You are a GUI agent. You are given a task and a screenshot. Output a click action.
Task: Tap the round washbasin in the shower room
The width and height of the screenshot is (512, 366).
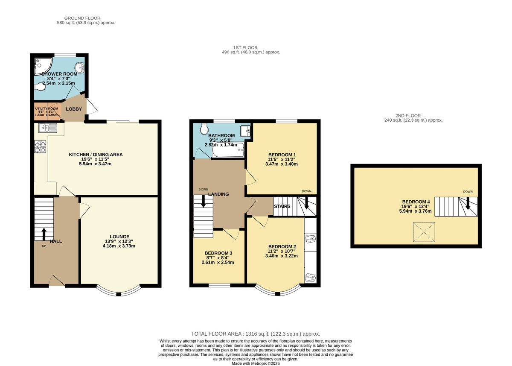pyautogui.click(x=79, y=67)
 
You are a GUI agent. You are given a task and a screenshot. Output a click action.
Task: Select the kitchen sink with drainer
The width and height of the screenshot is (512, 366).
pyautogui.click(x=48, y=128)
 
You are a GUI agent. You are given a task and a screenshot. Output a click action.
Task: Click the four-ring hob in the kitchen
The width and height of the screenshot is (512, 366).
pyautogui.click(x=40, y=146)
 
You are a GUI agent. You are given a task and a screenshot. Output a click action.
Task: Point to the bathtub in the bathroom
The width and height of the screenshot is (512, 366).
pyautogui.click(x=228, y=150)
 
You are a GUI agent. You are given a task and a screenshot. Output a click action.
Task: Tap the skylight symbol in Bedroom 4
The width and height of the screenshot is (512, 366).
pyautogui.click(x=424, y=232)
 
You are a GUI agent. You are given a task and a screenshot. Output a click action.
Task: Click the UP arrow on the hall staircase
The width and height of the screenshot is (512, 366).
pyautogui.click(x=44, y=234)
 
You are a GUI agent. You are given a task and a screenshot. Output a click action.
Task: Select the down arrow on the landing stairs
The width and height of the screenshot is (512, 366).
pyautogui.click(x=203, y=201)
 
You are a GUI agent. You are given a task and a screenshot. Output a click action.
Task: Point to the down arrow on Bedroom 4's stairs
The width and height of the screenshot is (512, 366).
pyautogui.click(x=468, y=203)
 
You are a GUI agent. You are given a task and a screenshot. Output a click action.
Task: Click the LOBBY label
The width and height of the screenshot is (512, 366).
pyautogui.click(x=74, y=109)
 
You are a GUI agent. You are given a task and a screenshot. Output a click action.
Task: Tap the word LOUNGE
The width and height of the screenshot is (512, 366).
pyautogui.click(x=119, y=237)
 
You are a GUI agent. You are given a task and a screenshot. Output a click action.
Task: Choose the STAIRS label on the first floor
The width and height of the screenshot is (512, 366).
pyautogui.click(x=282, y=206)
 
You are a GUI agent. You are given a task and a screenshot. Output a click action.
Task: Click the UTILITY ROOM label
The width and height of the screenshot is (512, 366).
pyautogui.click(x=47, y=108)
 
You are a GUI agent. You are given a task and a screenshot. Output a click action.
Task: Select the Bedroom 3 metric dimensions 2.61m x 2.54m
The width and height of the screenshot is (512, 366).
pyautogui.click(x=218, y=262)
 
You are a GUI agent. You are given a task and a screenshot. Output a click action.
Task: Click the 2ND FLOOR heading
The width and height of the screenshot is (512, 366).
pyautogui.click(x=408, y=116)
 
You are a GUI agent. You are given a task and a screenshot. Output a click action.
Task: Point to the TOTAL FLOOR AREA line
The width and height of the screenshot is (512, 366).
pyautogui.click(x=256, y=334)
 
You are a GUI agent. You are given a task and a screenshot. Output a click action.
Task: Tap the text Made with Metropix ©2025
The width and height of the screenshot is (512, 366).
pyautogui.click(x=256, y=363)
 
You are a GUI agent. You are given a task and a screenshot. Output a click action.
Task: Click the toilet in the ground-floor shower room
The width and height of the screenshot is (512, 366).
pyautogui.click(x=40, y=87)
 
